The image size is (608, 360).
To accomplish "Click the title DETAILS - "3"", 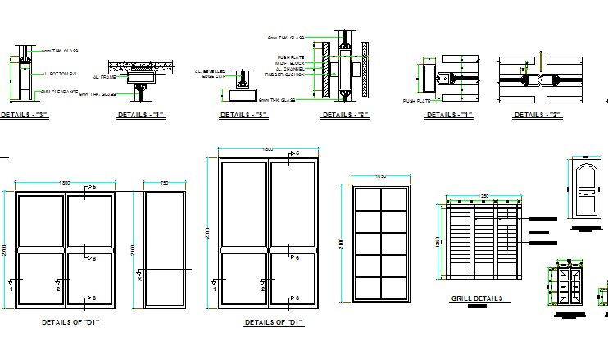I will [25, 115].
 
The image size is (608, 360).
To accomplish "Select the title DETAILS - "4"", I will [141, 115].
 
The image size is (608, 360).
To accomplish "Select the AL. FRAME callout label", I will [104, 76].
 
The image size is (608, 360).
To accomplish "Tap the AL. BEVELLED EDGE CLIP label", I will [210, 74].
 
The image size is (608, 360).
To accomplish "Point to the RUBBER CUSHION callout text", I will [290, 75].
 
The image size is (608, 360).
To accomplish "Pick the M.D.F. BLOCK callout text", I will [291, 63].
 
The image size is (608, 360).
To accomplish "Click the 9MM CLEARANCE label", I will [59, 92].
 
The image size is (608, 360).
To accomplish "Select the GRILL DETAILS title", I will [476, 298].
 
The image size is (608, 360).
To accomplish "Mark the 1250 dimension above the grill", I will [483, 195].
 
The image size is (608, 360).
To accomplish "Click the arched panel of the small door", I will [584, 180].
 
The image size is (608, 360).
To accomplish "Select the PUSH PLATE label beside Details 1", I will [416, 101].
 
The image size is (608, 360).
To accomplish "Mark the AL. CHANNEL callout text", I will [290, 69].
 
